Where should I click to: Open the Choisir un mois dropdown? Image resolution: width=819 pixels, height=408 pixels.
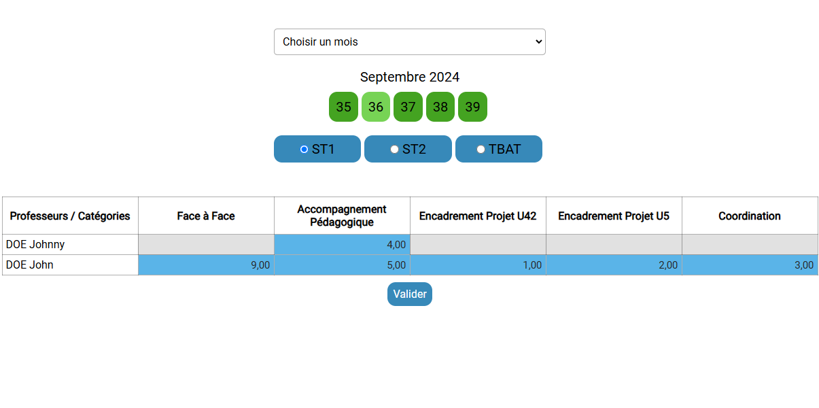[409, 41]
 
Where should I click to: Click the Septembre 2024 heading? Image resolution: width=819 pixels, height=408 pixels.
[409, 77]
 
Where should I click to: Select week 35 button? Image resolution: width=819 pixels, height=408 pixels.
[343, 107]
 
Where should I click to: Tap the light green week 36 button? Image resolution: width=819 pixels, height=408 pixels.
[376, 107]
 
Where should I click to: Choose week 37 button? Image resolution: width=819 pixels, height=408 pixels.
[408, 107]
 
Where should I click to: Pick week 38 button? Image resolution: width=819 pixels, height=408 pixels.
[440, 107]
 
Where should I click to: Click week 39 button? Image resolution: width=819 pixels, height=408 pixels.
[472, 107]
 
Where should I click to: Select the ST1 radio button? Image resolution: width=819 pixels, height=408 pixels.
[304, 149]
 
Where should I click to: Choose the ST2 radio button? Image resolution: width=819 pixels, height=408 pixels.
[395, 149]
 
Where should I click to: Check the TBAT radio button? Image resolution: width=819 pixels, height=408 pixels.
[481, 149]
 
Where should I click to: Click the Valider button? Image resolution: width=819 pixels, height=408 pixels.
[410, 294]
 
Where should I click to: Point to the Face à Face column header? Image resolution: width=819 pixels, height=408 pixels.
[206, 216]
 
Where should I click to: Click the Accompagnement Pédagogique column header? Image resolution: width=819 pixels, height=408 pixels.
[342, 216]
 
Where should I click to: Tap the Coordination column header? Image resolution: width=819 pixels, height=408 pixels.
[750, 216]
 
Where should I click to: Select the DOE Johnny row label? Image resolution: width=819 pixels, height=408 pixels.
[35, 244]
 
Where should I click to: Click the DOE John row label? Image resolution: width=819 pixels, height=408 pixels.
[30, 265]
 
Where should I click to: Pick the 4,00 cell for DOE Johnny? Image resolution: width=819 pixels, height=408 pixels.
[342, 244]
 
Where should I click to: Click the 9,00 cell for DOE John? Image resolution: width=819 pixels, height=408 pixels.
[206, 265]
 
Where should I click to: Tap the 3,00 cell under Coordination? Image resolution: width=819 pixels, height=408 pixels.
[750, 265]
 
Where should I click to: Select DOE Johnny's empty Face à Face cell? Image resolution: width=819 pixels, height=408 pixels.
[206, 244]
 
